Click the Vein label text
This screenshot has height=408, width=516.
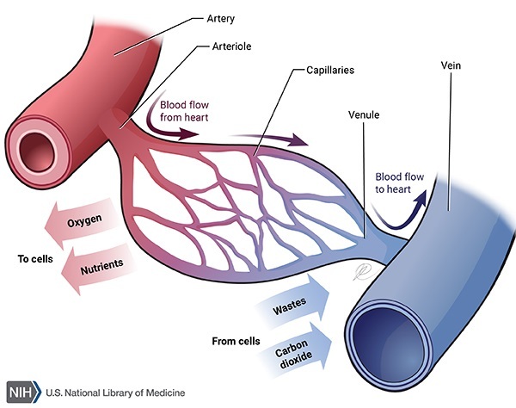point(452,65)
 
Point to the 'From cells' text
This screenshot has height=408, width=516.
point(235,342)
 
